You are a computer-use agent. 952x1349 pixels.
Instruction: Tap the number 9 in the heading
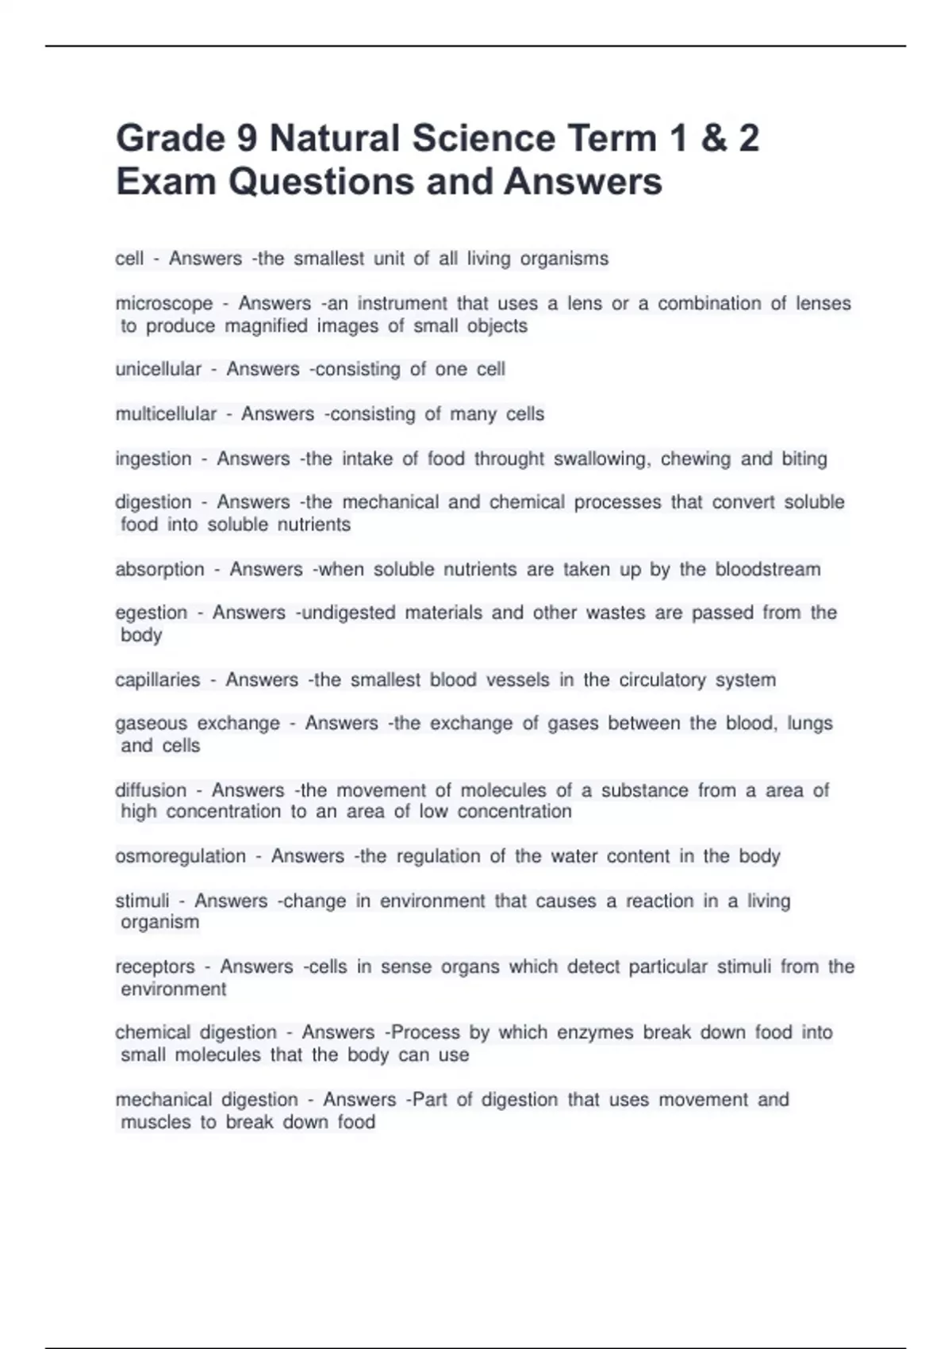click(x=247, y=139)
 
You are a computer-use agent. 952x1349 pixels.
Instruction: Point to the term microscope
click(x=164, y=304)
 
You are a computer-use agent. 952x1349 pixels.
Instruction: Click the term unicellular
click(x=158, y=370)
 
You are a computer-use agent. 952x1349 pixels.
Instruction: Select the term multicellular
click(x=166, y=414)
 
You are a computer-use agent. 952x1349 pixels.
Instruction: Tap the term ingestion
click(x=153, y=459)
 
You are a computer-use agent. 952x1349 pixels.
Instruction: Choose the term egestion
click(x=151, y=613)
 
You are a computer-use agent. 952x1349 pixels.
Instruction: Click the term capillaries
click(x=157, y=680)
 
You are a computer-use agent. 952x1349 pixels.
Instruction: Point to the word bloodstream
click(x=768, y=570)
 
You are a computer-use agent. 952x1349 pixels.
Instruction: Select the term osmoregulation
click(x=180, y=857)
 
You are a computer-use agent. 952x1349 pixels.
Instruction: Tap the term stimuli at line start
click(x=142, y=901)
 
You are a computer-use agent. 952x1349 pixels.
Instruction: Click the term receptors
click(x=155, y=967)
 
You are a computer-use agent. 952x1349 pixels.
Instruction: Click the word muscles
click(x=155, y=1123)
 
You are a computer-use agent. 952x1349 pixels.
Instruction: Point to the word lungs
click(x=810, y=724)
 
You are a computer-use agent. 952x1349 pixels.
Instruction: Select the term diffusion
click(x=150, y=790)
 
